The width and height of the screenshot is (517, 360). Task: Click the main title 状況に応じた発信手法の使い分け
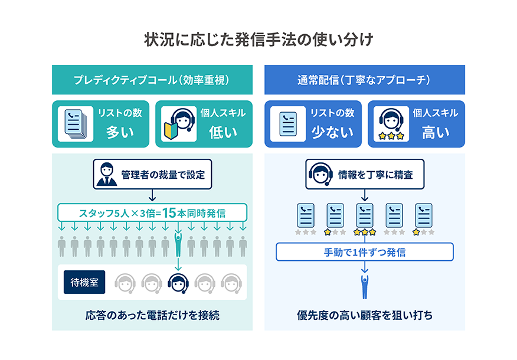258,40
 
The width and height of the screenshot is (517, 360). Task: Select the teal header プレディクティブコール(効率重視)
152,80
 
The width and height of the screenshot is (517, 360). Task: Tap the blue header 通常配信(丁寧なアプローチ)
364,80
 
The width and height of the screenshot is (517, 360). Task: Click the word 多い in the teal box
120,132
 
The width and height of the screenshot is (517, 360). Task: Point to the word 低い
223,132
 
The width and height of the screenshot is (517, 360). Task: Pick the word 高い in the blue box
436,132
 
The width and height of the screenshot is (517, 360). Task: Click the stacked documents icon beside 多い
76,123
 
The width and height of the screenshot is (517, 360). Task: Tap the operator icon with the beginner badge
179,123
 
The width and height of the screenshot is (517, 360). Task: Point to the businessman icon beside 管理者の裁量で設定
107,174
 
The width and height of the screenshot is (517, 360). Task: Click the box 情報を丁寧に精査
364,174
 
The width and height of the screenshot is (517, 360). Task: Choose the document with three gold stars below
365,218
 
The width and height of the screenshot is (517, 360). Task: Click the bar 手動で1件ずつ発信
364,252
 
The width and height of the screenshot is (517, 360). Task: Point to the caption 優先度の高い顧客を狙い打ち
364,315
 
